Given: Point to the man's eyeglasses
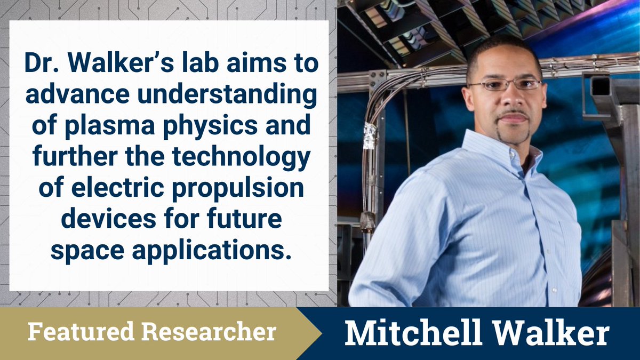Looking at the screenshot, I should [x=505, y=84].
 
